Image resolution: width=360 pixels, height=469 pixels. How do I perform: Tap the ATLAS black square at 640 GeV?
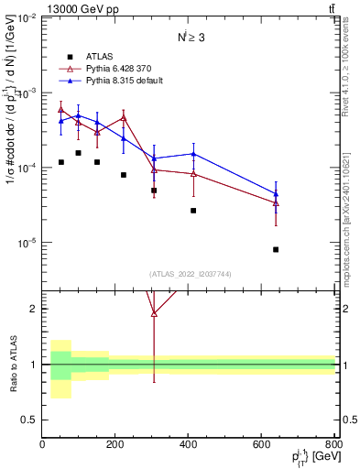276,249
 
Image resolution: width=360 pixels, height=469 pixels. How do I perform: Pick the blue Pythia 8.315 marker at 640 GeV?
276,193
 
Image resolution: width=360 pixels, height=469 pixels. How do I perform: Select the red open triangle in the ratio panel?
154,313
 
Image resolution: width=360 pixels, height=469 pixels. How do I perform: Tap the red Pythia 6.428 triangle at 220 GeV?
124,117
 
